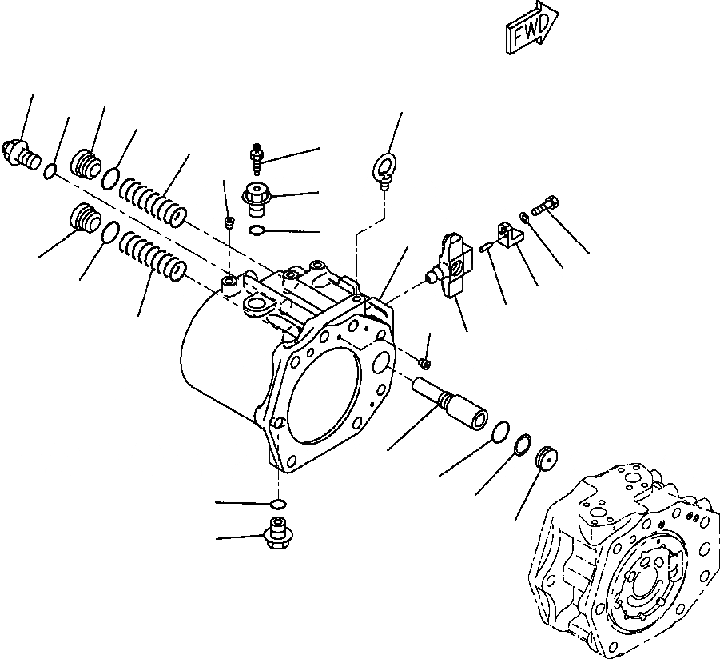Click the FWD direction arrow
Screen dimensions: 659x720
[x=531, y=30]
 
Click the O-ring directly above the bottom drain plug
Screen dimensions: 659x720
[x=277, y=505]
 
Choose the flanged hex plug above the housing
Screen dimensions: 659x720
[x=257, y=199]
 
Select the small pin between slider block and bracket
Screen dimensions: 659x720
[x=485, y=249]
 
